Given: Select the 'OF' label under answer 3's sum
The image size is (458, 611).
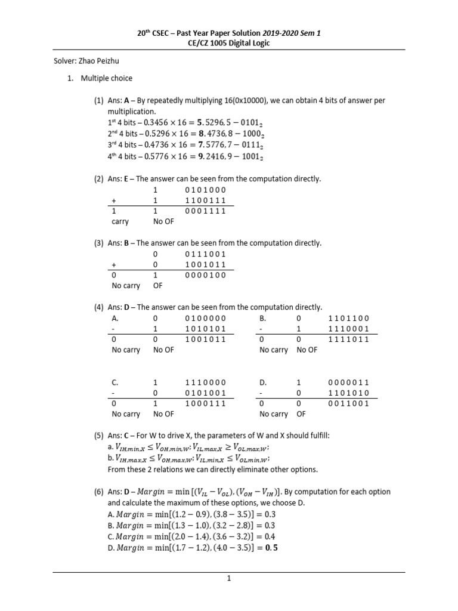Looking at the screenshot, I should (158, 285).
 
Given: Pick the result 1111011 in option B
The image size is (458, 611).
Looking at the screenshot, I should (349, 339).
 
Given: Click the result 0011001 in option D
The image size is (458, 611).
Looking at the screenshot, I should (349, 403).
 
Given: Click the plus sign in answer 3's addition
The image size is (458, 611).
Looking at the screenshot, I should (114, 264).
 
